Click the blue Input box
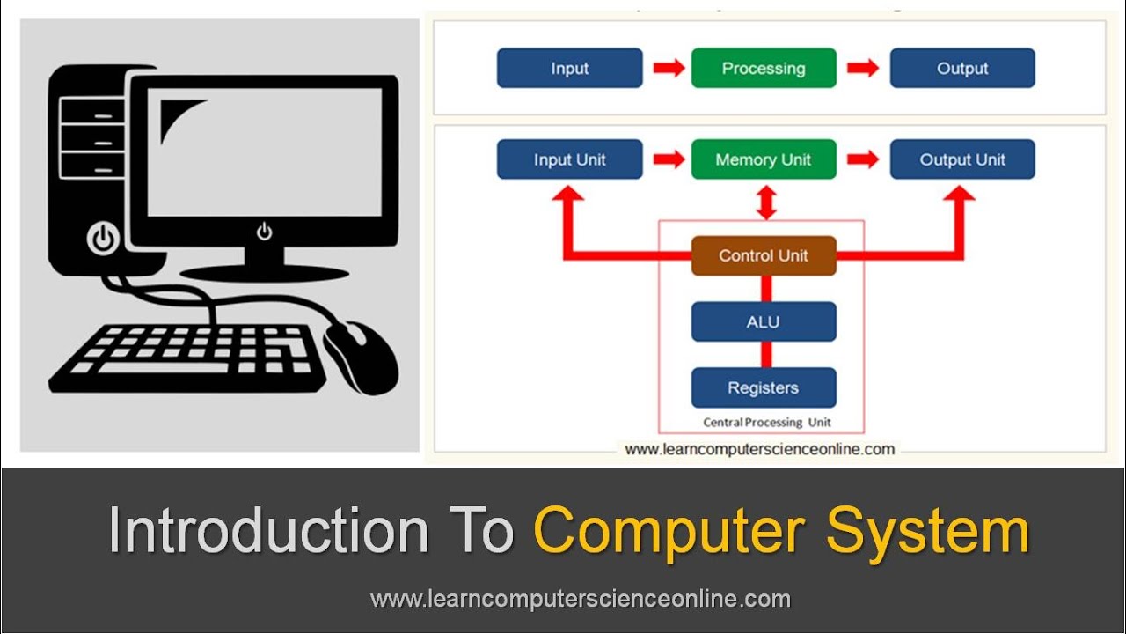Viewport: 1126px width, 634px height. click(x=569, y=69)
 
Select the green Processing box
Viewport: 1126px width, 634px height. click(x=764, y=69)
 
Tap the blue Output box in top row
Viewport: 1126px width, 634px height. click(x=962, y=69)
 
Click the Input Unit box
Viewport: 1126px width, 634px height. click(x=569, y=160)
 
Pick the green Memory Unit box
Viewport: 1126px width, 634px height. click(x=764, y=160)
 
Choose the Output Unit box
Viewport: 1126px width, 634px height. click(x=962, y=160)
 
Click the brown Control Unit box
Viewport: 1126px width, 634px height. click(x=764, y=256)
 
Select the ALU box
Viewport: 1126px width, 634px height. click(x=764, y=322)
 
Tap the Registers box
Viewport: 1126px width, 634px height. click(x=764, y=388)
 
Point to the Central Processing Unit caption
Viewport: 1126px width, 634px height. click(x=766, y=423)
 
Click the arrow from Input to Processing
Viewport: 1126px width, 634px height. click(x=669, y=69)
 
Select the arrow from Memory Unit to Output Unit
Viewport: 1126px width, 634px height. click(x=863, y=159)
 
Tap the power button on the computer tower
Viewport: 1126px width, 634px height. click(x=103, y=238)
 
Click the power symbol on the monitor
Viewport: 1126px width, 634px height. click(x=264, y=232)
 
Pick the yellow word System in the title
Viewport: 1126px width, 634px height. click(x=927, y=531)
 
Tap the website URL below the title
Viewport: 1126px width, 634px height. click(x=581, y=600)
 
